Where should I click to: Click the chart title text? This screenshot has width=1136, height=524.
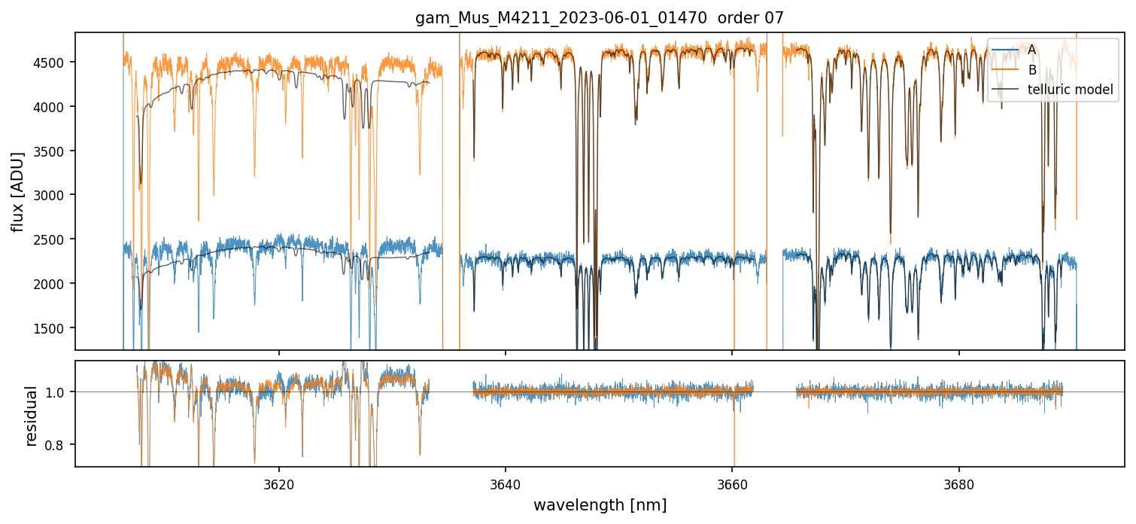[600, 18]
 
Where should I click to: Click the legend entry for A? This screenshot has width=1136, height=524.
[1031, 50]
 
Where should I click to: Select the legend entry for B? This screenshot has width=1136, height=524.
[1031, 70]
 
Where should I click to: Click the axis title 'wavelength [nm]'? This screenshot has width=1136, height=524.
[600, 504]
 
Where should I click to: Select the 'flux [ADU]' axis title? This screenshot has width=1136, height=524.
[17, 191]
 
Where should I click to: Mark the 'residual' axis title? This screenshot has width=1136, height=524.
[32, 416]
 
